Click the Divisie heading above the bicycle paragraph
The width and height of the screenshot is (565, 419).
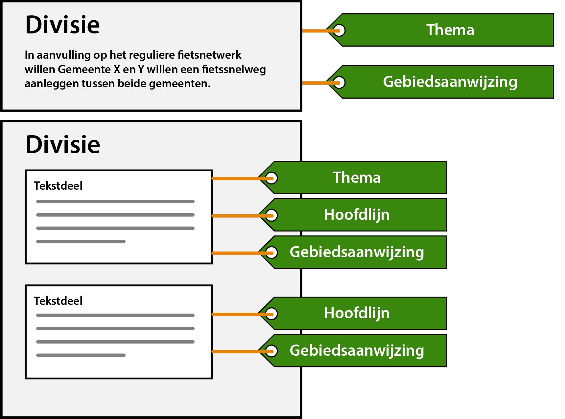pos(62,25)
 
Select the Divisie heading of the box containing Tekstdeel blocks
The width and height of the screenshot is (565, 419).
pos(63,144)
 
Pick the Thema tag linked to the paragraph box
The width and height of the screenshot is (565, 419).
pos(450,30)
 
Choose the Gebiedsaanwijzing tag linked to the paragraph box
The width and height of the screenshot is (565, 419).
pos(450,82)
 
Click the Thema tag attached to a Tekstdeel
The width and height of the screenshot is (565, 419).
pos(357,178)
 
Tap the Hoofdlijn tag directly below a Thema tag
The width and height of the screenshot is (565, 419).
pos(357,215)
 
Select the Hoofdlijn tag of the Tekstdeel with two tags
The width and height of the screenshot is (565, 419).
pos(357,313)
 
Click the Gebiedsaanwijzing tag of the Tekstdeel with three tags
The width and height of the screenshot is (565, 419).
pos(357,252)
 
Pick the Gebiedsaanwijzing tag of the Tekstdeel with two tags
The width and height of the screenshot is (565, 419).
pos(357,350)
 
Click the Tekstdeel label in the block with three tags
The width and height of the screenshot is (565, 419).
pos(58,186)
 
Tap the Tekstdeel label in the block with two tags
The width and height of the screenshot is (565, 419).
pos(58,301)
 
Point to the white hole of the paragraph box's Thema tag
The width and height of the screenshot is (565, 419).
pos(340,31)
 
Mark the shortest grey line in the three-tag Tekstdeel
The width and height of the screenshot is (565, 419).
pos(81,241)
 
